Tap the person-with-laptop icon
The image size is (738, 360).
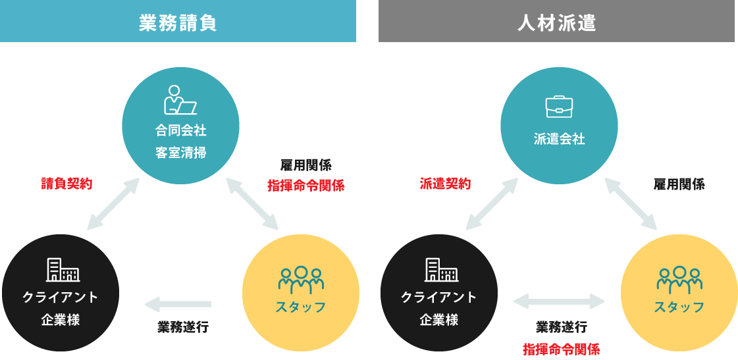pos(180,100)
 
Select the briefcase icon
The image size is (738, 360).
pos(559,107)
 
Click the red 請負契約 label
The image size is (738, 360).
pos(66,184)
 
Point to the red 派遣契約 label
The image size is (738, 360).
pos(445,184)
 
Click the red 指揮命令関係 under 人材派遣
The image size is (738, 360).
pos(561,349)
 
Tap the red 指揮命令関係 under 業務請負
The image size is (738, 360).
pos(305,186)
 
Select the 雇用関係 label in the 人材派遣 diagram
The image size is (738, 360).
pos(679,184)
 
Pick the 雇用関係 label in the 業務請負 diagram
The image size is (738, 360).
pos(305,166)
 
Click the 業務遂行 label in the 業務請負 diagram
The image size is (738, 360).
pos(183,327)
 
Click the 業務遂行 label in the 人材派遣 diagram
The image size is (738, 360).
pos(561,327)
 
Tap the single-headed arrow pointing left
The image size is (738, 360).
pos(178,304)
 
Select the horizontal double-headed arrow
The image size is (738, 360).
pos(559,302)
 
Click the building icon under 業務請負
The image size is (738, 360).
pos(63,270)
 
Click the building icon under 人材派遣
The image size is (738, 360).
pos(441,270)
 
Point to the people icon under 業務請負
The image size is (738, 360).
pos(301,280)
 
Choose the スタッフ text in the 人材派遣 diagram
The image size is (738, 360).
pos(679,307)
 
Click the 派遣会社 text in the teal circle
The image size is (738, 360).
pos(559,139)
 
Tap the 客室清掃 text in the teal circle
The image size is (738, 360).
pos(180,153)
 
